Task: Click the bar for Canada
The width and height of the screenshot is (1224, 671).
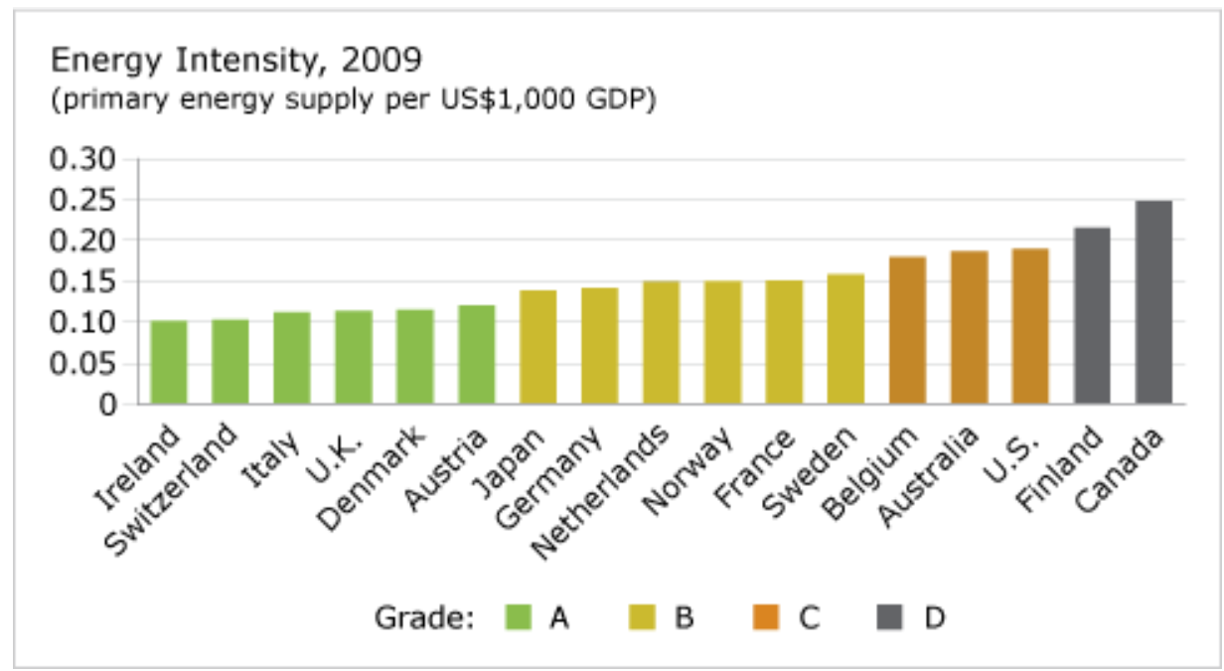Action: click(x=1153, y=302)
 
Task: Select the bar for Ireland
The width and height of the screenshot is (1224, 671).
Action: click(x=168, y=362)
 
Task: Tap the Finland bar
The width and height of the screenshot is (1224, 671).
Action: click(x=1092, y=315)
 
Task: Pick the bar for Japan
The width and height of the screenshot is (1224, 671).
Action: click(x=537, y=347)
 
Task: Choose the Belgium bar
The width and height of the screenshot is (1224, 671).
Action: click(x=907, y=330)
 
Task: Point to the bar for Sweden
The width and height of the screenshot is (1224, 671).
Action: click(x=845, y=338)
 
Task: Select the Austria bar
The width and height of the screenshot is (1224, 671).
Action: click(x=476, y=354)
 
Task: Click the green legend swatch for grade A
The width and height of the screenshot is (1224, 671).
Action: click(x=519, y=617)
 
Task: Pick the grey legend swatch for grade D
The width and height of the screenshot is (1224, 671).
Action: click(x=890, y=617)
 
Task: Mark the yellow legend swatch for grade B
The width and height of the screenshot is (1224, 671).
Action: click(x=643, y=617)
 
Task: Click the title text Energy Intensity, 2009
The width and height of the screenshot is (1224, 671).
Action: click(x=236, y=62)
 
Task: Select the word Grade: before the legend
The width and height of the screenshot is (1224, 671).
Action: click(x=423, y=618)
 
